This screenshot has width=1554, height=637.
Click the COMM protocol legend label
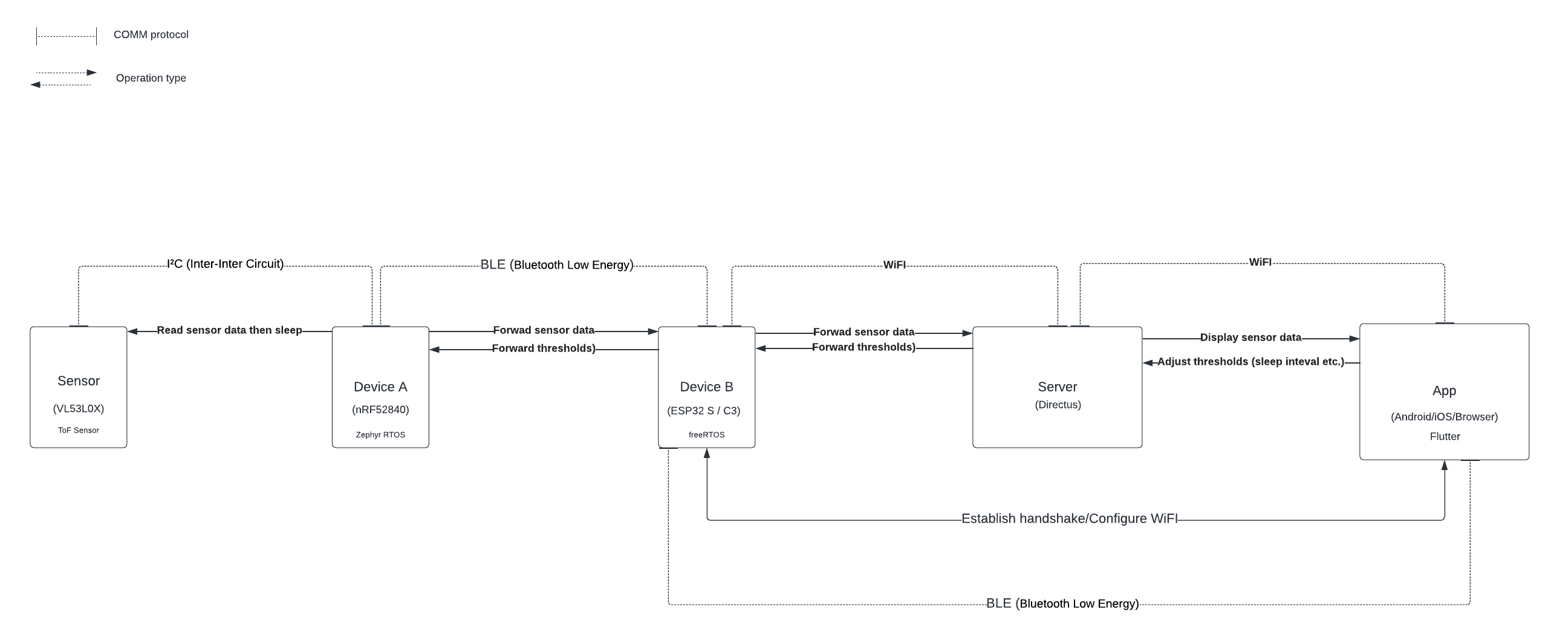(x=151, y=34)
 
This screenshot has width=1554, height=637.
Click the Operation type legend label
(x=151, y=78)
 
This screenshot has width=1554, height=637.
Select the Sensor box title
(x=79, y=381)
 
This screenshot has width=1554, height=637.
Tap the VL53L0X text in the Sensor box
(x=79, y=408)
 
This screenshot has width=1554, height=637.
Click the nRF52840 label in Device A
(x=380, y=410)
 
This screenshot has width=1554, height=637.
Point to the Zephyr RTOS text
(x=380, y=434)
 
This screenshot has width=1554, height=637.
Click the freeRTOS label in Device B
(x=706, y=434)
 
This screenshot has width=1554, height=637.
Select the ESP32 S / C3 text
(x=703, y=411)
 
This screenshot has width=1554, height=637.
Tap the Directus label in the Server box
(x=1058, y=405)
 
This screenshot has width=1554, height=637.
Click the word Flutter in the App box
(x=1445, y=436)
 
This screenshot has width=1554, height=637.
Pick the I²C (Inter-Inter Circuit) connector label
(x=225, y=264)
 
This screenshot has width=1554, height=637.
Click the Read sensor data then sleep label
(x=229, y=330)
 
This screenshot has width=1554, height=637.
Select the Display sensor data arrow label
(x=1250, y=338)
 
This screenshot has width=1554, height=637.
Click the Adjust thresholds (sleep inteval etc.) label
(x=1250, y=362)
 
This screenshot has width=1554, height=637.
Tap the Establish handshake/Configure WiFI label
(x=1069, y=518)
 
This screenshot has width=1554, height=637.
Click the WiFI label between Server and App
(x=1260, y=262)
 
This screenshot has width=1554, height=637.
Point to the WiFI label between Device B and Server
(x=894, y=265)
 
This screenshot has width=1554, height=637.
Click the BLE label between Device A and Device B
(x=556, y=265)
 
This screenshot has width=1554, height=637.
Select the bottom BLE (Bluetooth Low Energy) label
(x=1062, y=603)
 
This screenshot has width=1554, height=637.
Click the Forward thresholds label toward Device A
(x=544, y=348)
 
